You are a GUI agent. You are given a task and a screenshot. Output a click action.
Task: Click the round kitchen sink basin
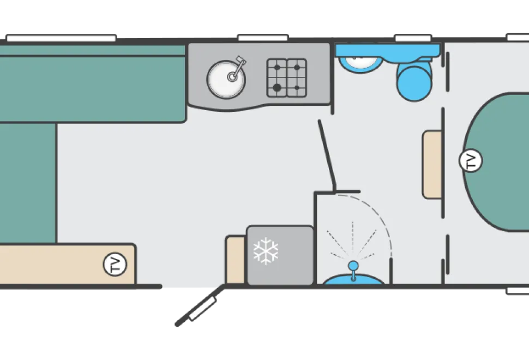[226, 80]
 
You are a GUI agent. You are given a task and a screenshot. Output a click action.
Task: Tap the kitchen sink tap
[237, 69]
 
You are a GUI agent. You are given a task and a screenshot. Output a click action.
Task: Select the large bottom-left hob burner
[277, 88]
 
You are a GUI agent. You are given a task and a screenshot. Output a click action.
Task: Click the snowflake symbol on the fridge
[266, 251]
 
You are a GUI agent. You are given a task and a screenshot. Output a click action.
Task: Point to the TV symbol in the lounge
[115, 264]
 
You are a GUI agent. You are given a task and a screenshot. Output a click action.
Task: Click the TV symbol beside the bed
[471, 160]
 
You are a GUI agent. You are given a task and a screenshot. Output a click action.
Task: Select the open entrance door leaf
[200, 305]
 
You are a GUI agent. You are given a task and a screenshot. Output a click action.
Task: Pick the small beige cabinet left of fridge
[236, 260]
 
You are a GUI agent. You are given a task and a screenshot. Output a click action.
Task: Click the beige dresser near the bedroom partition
[432, 165]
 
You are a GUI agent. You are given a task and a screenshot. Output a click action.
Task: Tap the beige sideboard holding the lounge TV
[68, 264]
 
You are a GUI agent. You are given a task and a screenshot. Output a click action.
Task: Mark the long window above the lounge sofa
[62, 38]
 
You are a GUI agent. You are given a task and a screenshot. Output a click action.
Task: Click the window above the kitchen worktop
[263, 38]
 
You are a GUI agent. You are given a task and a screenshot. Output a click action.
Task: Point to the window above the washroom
[413, 38]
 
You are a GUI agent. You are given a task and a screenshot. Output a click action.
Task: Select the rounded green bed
[496, 161]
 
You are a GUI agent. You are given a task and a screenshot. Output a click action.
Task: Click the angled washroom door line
[327, 155]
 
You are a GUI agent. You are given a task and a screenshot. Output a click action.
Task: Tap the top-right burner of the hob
[297, 68]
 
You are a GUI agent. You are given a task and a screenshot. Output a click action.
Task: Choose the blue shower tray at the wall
[353, 280]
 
